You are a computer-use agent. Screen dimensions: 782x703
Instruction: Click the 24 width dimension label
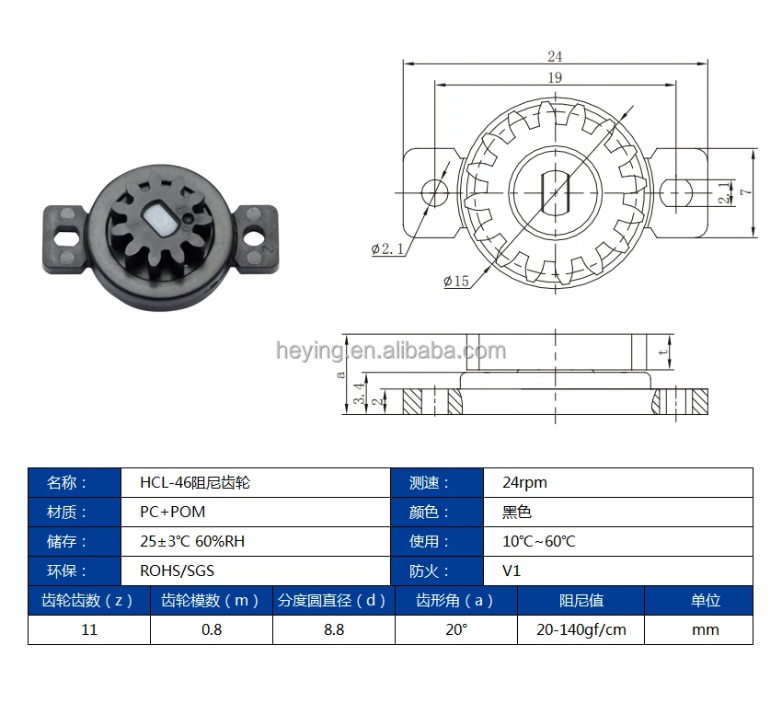click(555, 56)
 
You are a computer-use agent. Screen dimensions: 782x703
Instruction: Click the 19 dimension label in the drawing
click(555, 77)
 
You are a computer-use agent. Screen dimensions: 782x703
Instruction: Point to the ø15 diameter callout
click(456, 282)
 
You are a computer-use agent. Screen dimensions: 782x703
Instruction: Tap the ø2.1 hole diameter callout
click(388, 248)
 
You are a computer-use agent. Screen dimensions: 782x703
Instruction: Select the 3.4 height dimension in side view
click(359, 394)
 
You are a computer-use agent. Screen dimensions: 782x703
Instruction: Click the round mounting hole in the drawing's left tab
click(435, 192)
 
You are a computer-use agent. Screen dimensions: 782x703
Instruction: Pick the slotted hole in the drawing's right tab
click(676, 192)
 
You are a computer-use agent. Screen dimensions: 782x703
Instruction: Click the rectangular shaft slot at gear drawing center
click(555, 192)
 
